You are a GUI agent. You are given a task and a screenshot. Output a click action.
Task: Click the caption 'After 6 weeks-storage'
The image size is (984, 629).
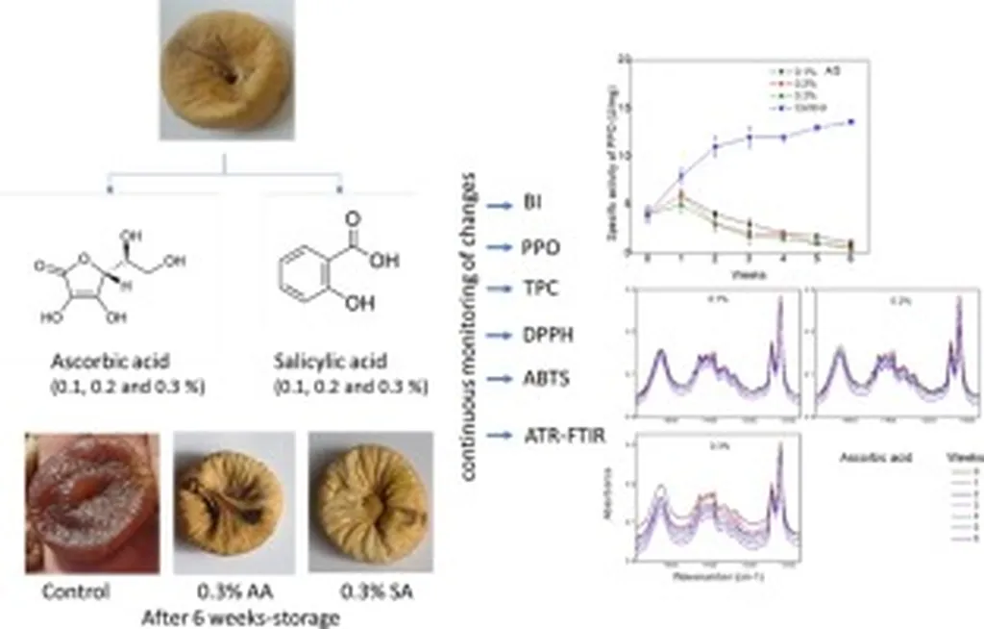pyautogui.click(x=240, y=616)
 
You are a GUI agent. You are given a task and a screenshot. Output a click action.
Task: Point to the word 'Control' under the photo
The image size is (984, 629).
pyautogui.click(x=76, y=591)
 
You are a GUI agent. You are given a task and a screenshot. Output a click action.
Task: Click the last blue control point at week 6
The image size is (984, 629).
pyautogui.click(x=850, y=121)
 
